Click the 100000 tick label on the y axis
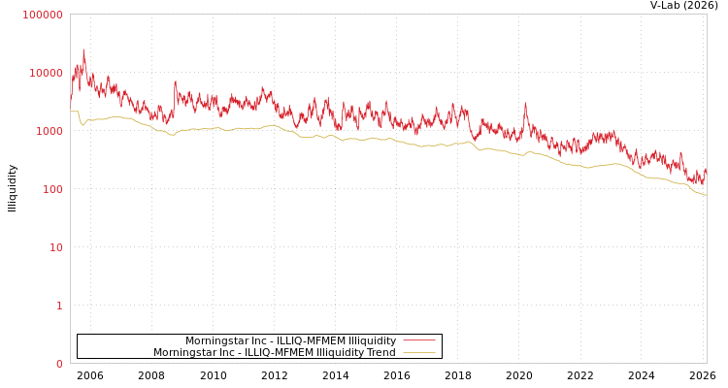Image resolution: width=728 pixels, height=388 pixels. coord(43,15)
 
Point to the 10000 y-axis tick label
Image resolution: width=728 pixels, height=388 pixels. coord(46,73)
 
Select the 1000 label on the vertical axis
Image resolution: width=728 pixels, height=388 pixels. coord(49,131)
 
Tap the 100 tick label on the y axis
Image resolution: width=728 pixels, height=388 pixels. coord(51,189)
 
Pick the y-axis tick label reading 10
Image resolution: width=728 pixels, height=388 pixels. coord(55,247)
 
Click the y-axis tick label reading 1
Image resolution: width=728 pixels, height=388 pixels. coord(58,306)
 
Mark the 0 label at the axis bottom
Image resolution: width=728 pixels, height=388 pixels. coord(58,364)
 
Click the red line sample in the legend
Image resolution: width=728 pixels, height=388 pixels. coord(418,340)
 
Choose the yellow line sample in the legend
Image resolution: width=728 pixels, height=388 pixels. coord(418,352)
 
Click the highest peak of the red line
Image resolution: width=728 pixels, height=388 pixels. coord(83,49)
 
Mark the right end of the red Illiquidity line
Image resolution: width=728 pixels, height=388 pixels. coord(706,169)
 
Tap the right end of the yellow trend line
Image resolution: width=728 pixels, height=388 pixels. coord(706,195)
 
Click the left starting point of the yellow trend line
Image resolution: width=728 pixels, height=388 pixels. coord(71,112)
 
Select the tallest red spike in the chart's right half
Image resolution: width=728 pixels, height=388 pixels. coord(525,103)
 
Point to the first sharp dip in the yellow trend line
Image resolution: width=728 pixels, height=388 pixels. coord(83,124)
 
